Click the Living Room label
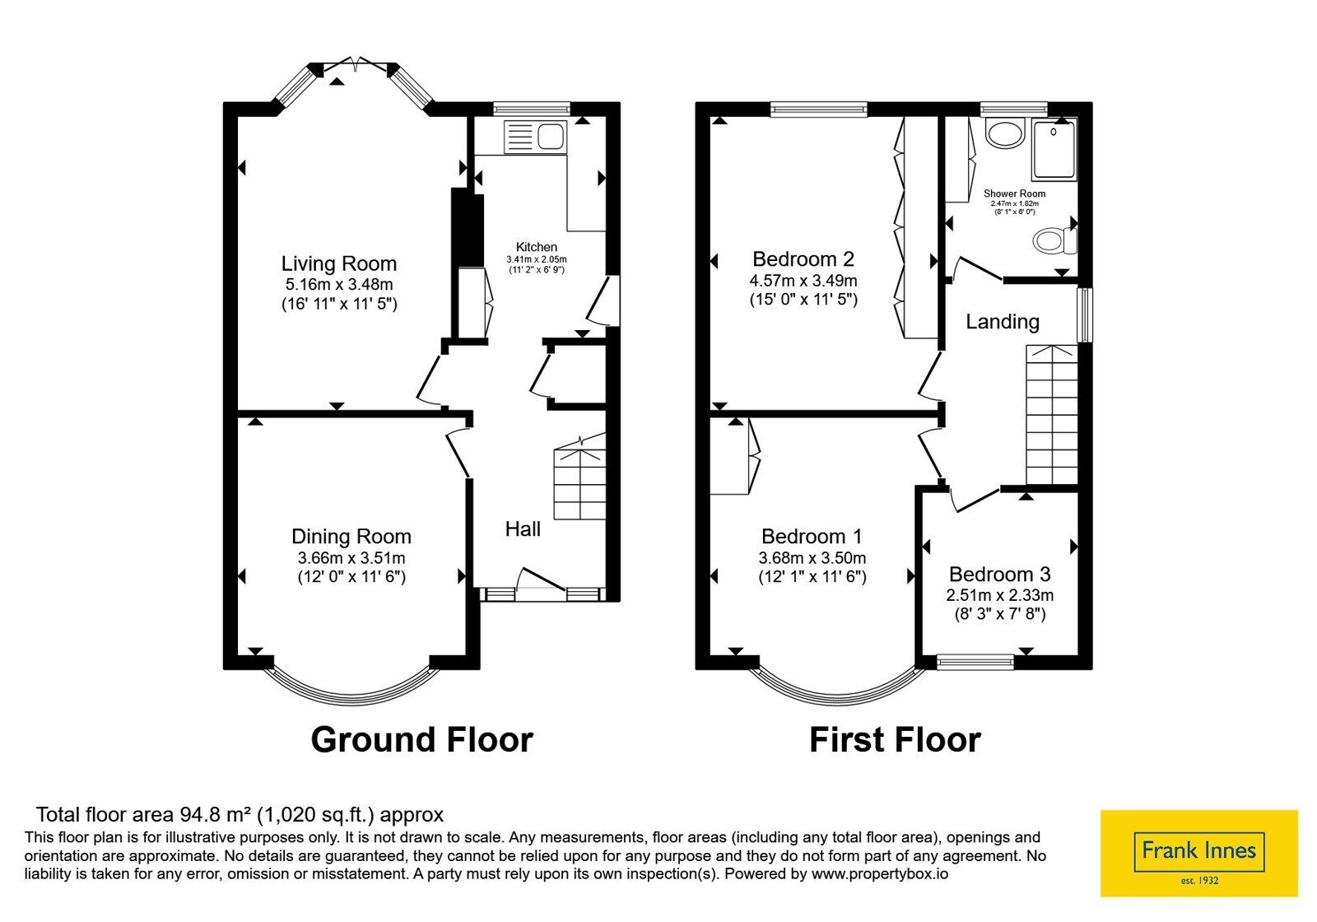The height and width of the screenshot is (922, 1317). click(338, 263)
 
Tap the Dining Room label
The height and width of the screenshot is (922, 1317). click(351, 536)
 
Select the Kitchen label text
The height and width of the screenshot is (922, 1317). click(536, 247)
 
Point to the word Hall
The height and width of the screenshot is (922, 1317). click(523, 529)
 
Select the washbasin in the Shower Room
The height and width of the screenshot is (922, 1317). click(1006, 133)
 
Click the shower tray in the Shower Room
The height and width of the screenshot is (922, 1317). click(1054, 149)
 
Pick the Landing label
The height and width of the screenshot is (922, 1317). click(1003, 322)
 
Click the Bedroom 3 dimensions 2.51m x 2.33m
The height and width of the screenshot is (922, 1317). click(999, 595)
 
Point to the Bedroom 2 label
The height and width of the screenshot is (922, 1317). click(803, 258)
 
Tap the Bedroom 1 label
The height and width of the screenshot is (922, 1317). click(812, 536)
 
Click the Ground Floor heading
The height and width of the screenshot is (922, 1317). click(421, 740)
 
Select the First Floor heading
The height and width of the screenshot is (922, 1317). click(895, 740)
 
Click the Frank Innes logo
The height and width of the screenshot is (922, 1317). click(1198, 853)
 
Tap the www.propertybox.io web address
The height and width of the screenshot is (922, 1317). click(880, 873)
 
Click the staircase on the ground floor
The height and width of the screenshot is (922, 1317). click(579, 477)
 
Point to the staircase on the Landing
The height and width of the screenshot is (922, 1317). click(1052, 415)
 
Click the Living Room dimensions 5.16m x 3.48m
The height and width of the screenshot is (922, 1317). click(339, 285)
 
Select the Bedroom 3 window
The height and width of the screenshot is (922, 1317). click(975, 662)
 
